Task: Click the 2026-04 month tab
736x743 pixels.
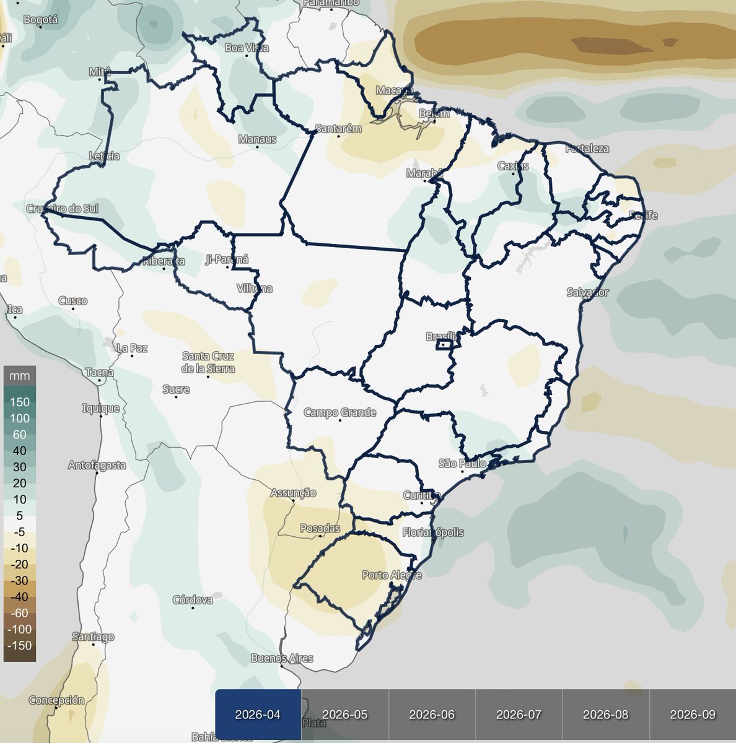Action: point(258,715)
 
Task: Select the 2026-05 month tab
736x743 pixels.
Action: point(345,715)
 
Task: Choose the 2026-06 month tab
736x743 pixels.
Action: point(432,715)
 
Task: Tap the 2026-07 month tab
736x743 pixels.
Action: point(519,715)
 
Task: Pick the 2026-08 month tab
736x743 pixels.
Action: point(605,715)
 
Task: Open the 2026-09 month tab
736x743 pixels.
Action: point(693,715)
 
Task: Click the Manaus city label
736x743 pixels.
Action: point(257,139)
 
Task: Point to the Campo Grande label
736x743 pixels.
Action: point(340,412)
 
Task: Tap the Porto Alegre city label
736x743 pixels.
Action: point(392,575)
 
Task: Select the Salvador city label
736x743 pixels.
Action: point(587,292)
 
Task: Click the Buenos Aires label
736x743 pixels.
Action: point(282,658)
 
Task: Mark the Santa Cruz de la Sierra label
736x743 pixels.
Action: point(208,362)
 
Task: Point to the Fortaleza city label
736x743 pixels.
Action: point(587,149)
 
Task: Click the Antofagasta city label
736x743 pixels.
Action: point(97,465)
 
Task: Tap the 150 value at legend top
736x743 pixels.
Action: point(20,402)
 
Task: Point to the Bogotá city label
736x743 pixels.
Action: point(40,20)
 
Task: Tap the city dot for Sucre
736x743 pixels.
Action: point(176,397)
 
